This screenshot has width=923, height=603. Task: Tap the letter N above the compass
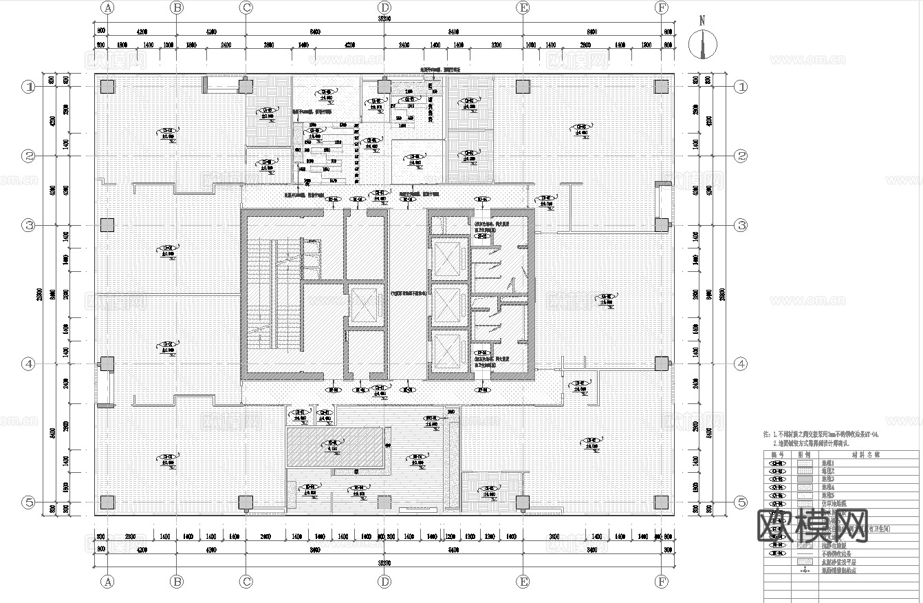pos(702,20)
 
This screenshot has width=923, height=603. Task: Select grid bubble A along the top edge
pos(107,8)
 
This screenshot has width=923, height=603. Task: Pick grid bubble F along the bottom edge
pos(662,582)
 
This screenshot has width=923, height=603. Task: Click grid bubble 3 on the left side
pos(29,225)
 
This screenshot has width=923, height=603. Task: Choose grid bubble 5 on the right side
pos(741,502)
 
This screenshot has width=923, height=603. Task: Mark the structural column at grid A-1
pos(107,87)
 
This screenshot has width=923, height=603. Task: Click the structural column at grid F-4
pos(662,363)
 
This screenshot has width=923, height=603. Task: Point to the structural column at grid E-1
pos(523,87)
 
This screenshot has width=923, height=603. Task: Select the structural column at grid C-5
pos(246,502)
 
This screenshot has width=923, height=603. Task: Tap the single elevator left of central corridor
pos(362,303)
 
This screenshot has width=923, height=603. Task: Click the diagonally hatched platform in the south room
pos(335,447)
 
